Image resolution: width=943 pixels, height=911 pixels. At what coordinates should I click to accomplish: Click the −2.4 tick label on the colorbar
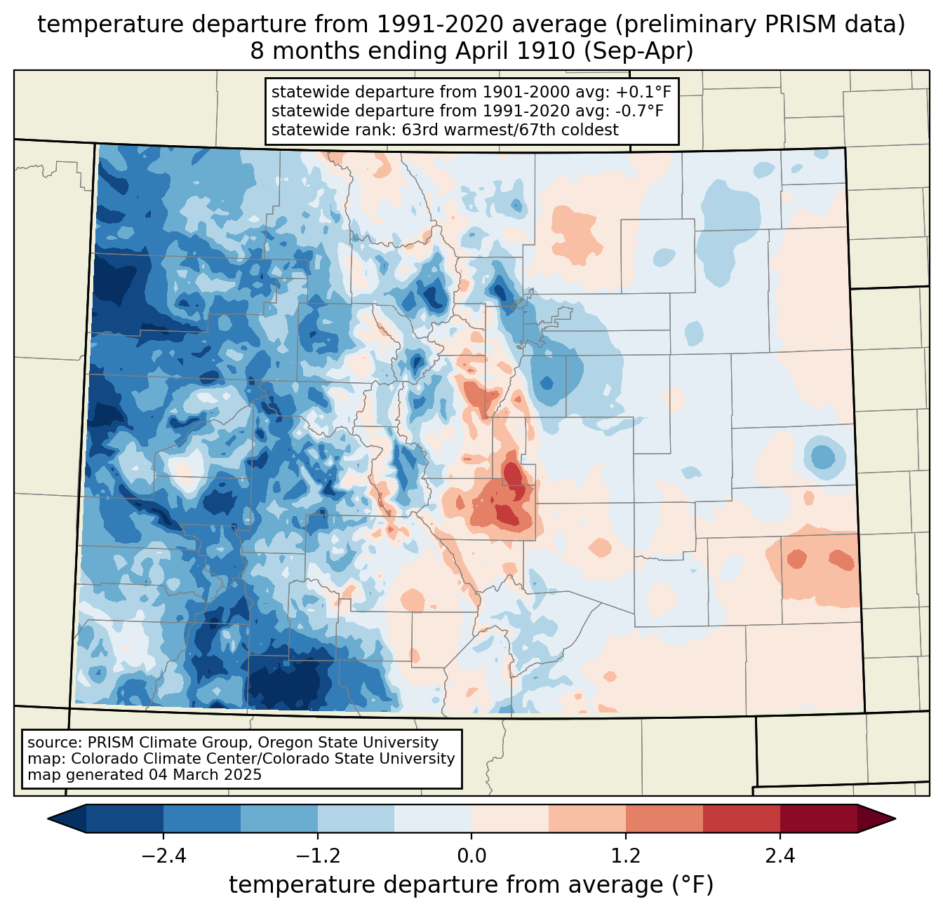click(163, 856)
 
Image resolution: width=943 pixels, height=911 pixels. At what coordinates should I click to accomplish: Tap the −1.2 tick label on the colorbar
click(318, 856)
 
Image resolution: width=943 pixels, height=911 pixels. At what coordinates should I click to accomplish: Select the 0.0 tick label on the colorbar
click(471, 856)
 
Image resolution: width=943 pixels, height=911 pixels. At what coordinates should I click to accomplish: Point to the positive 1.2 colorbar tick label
click(626, 856)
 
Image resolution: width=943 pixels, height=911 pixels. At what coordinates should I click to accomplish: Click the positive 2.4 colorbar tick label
click(780, 856)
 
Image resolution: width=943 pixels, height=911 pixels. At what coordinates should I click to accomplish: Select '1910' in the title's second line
click(552, 51)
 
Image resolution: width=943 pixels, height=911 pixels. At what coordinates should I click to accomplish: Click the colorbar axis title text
click(471, 884)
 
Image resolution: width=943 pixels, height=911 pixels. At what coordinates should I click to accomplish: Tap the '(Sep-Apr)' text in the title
click(638, 51)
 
